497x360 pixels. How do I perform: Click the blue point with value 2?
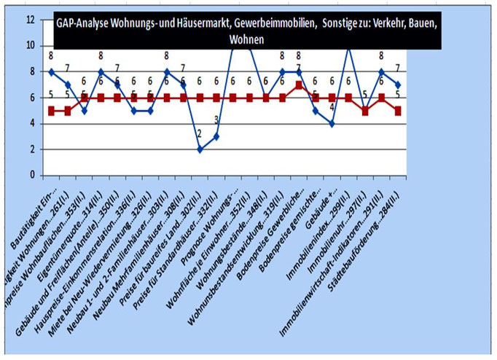(200, 149)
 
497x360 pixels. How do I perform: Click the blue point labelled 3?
(216, 136)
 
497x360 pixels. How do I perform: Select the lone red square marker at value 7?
(299, 85)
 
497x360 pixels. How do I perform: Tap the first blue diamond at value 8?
(51, 72)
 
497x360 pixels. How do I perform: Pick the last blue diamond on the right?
(399, 85)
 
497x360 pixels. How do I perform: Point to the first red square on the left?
(51, 111)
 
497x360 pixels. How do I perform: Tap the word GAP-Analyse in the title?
(85, 23)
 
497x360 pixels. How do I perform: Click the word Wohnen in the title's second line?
(248, 39)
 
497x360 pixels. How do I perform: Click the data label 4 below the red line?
(332, 108)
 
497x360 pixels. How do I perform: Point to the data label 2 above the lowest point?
(200, 133)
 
